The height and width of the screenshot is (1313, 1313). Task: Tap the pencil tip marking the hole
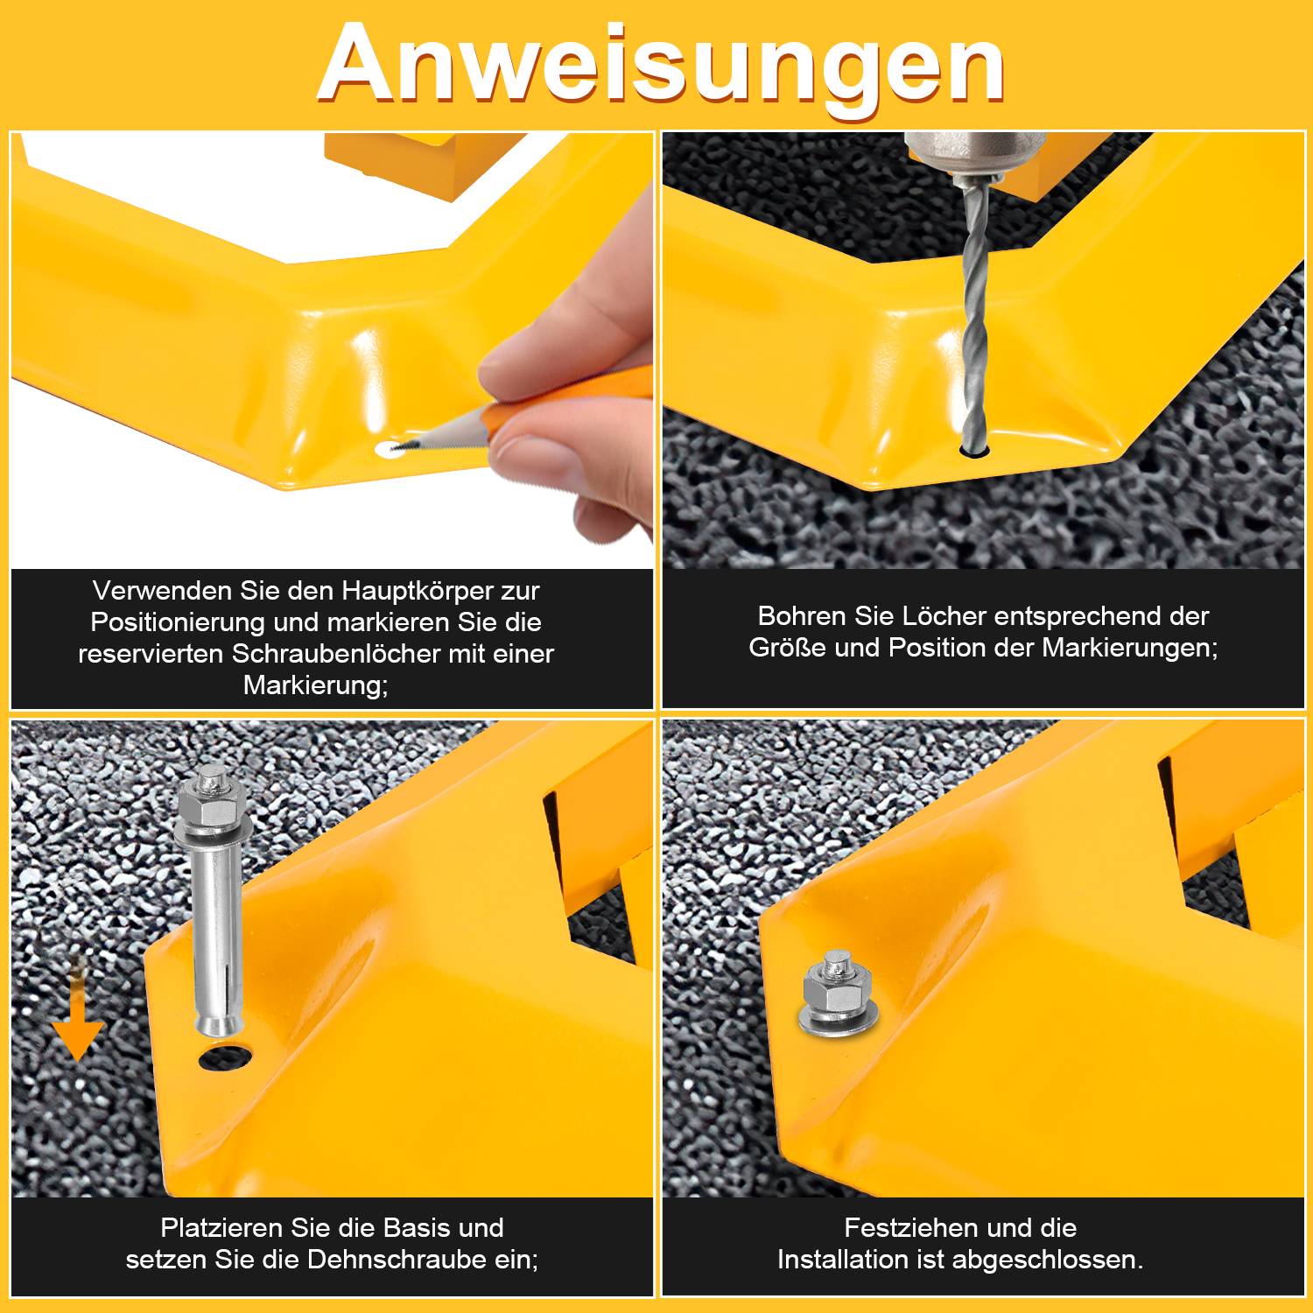[x=399, y=448]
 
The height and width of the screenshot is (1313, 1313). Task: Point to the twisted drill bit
[x=974, y=324]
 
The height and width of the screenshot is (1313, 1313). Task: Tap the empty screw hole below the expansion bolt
[x=225, y=1057]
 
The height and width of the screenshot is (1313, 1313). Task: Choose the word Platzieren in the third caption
[x=221, y=1227]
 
